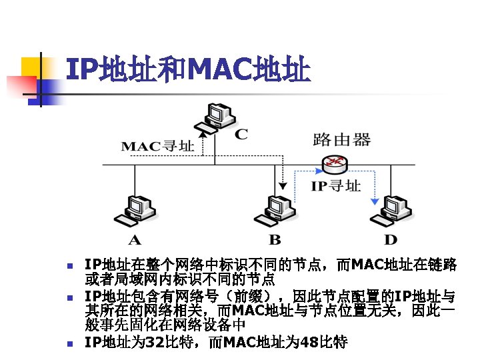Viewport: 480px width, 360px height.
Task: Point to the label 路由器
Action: click(x=341, y=140)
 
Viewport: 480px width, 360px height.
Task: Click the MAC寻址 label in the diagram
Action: click(x=157, y=145)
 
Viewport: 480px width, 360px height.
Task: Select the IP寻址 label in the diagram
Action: click(x=336, y=186)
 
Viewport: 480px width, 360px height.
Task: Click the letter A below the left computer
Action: click(x=134, y=239)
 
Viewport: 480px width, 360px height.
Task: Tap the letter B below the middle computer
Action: click(x=275, y=239)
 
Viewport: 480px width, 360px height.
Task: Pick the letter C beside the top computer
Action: click(x=242, y=134)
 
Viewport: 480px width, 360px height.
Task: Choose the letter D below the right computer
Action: click(x=391, y=239)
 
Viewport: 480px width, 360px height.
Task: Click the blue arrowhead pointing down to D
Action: click(x=375, y=201)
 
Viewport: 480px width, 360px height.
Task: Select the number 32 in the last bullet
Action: click(x=155, y=343)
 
